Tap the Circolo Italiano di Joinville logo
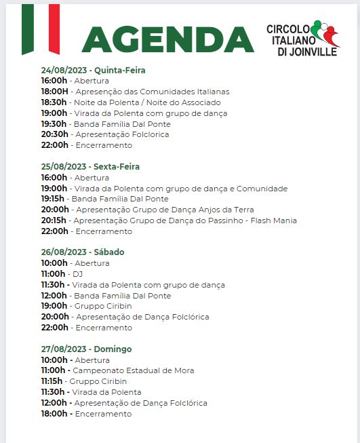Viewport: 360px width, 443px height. pyautogui.click(x=302, y=40)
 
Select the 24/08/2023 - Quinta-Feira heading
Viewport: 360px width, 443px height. pyautogui.click(x=93, y=70)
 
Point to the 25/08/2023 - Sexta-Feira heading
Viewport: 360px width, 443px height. pyautogui.click(x=90, y=166)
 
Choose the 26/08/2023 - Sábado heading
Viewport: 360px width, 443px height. pyautogui.click(x=82, y=252)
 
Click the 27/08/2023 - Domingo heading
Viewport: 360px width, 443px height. pyautogui.click(x=86, y=349)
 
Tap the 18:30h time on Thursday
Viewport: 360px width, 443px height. pyautogui.click(x=54, y=102)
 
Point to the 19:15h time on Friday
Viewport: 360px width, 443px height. pyautogui.click(x=53, y=199)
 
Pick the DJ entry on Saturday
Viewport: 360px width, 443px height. pyautogui.click(x=79, y=274)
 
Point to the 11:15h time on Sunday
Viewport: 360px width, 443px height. pyautogui.click(x=53, y=381)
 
